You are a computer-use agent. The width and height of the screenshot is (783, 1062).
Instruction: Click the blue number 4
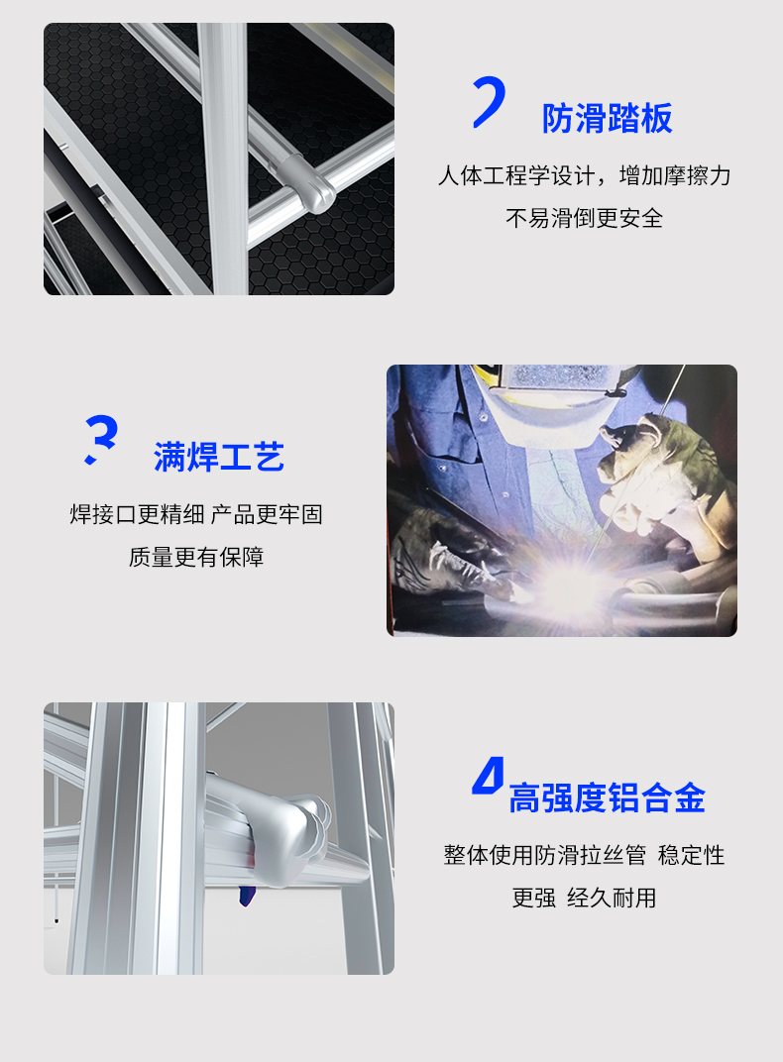tap(489, 776)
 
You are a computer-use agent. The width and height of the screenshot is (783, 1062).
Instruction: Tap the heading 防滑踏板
tap(607, 119)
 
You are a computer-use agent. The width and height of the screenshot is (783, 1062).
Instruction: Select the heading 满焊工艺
tap(219, 457)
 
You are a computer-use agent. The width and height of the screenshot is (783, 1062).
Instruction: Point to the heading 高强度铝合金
tap(607, 797)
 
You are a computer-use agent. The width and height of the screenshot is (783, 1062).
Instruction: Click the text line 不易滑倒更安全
tap(584, 218)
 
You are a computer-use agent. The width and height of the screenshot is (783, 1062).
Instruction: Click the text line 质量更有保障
tap(196, 557)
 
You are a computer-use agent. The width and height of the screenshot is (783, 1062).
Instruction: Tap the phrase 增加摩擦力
tap(675, 176)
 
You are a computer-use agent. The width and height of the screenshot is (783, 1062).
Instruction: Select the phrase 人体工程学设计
tap(516, 176)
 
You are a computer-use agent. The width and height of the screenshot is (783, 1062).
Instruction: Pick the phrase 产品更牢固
tap(267, 515)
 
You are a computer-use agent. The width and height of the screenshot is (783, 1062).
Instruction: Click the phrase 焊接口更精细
tap(138, 515)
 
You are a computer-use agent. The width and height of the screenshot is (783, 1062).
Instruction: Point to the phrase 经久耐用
tap(612, 899)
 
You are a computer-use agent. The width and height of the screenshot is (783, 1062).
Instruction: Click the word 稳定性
tap(691, 855)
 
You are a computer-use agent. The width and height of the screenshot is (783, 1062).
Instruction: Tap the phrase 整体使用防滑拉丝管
tap(544, 855)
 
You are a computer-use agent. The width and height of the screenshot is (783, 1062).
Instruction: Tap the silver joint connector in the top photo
tap(306, 181)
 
